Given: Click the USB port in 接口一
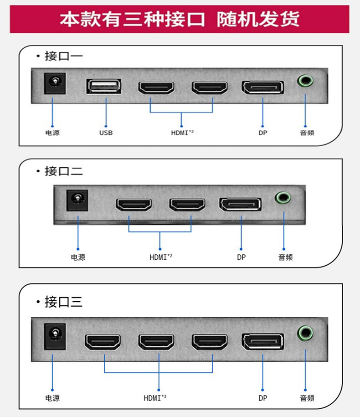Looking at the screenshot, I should (x=104, y=86).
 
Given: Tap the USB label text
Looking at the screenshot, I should (x=106, y=133).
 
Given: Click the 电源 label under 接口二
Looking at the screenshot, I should (x=78, y=257).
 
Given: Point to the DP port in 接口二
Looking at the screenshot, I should (x=240, y=205).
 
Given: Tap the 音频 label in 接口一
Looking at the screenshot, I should (x=307, y=133).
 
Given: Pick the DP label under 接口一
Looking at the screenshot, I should (x=262, y=133).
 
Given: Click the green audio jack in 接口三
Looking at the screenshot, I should (x=305, y=333).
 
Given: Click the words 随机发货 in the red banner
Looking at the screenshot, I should (x=258, y=20).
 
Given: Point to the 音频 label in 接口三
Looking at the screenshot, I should (x=307, y=398).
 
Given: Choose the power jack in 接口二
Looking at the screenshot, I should (x=77, y=200).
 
